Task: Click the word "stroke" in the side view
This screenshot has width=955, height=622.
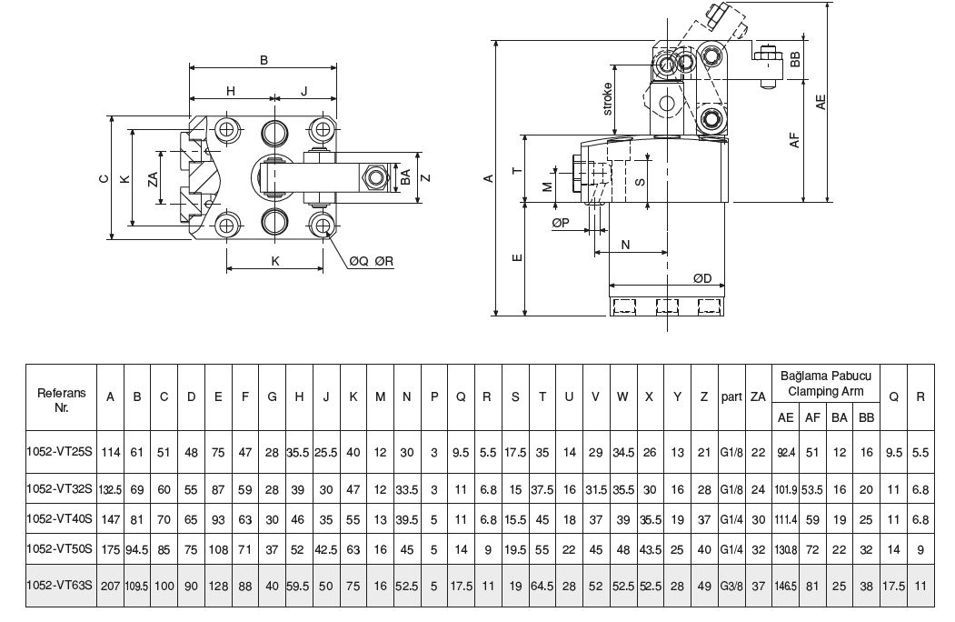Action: pyautogui.click(x=607, y=99)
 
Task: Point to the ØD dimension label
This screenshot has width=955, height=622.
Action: pyautogui.click(x=702, y=278)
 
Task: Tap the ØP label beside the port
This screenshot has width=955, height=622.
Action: pyautogui.click(x=561, y=223)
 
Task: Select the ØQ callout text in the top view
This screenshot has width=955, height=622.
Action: pyautogui.click(x=359, y=262)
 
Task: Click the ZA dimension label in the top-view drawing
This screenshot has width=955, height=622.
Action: pyautogui.click(x=153, y=178)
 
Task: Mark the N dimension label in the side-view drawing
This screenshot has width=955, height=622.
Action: pyautogui.click(x=625, y=245)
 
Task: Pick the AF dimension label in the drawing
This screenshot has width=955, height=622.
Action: pyautogui.click(x=793, y=140)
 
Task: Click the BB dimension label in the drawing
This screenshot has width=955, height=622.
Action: pyautogui.click(x=794, y=59)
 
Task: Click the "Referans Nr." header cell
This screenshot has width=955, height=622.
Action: pyautogui.click(x=62, y=400)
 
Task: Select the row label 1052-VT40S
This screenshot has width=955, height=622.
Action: pyautogui.click(x=59, y=518)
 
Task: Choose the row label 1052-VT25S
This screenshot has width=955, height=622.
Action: pyautogui.click(x=59, y=452)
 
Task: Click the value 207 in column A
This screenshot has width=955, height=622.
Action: pyautogui.click(x=110, y=586)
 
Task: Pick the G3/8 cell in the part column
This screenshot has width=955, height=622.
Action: pyautogui.click(x=731, y=586)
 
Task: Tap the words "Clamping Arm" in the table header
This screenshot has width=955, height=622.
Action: pyautogui.click(x=826, y=392)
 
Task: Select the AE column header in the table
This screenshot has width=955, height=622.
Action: pyautogui.click(x=786, y=417)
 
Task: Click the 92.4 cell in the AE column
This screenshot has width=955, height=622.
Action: pyautogui.click(x=786, y=453)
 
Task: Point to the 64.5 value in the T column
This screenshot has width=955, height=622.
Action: pyautogui.click(x=542, y=586)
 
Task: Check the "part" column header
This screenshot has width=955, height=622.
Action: pyautogui.click(x=731, y=397)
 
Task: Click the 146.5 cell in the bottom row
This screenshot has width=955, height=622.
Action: pyautogui.click(x=786, y=586)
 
